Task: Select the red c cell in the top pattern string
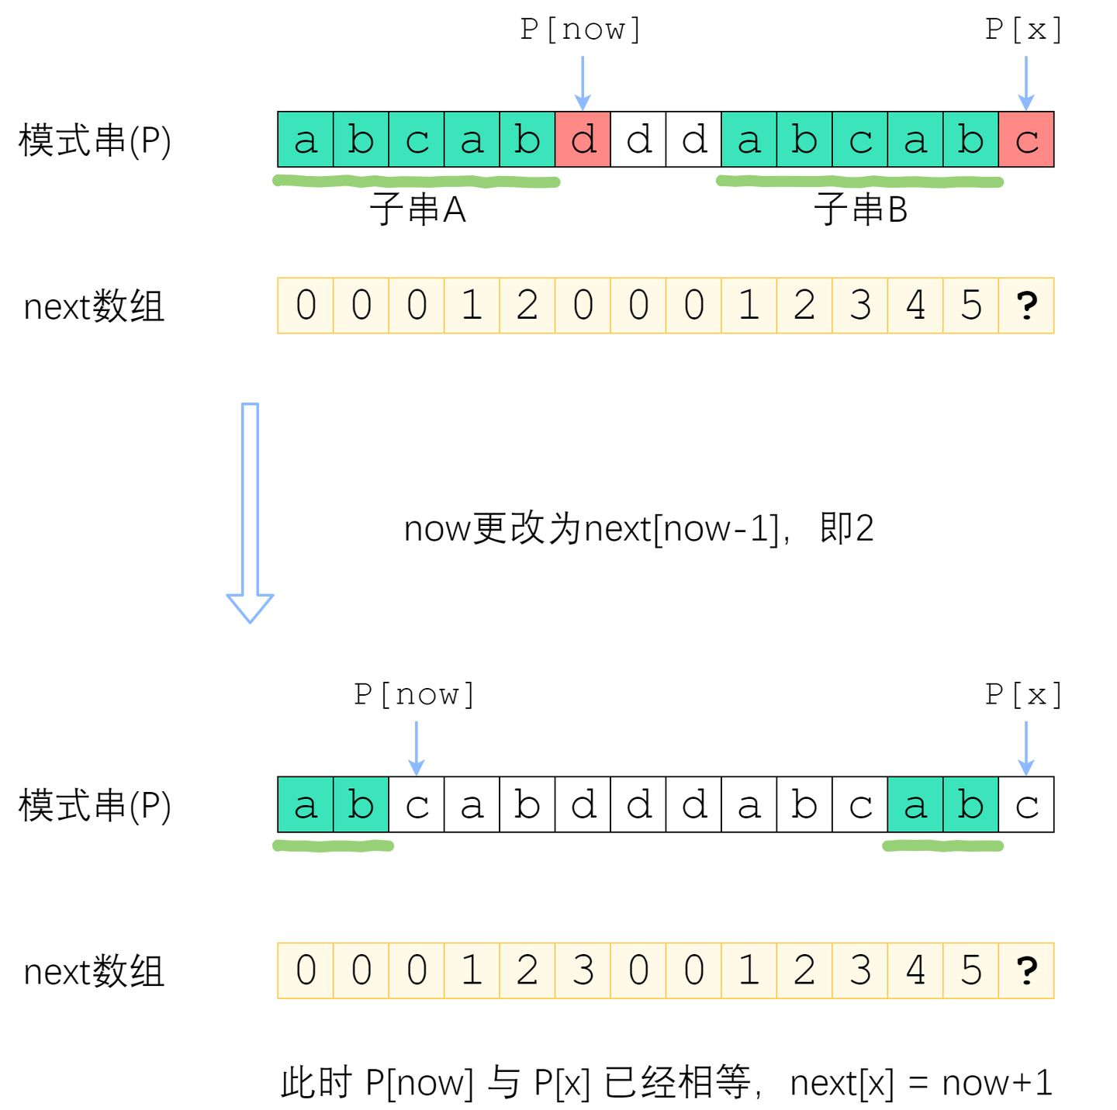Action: click(x=1025, y=139)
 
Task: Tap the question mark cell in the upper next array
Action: click(x=1025, y=305)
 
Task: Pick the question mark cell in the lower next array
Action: click(x=1025, y=970)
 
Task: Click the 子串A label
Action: click(x=417, y=209)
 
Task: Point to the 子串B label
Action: click(x=860, y=209)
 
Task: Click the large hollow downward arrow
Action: click(x=249, y=513)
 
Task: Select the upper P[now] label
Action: click(x=580, y=29)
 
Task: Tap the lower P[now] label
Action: click(x=414, y=694)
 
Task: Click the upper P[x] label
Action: click(x=1023, y=29)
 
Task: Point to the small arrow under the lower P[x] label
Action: click(x=1025, y=748)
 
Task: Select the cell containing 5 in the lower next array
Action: click(x=970, y=970)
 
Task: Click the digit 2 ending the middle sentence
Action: click(x=863, y=527)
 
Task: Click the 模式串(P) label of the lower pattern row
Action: click(x=95, y=805)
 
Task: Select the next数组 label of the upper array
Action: click(x=94, y=306)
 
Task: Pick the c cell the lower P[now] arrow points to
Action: click(x=417, y=804)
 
